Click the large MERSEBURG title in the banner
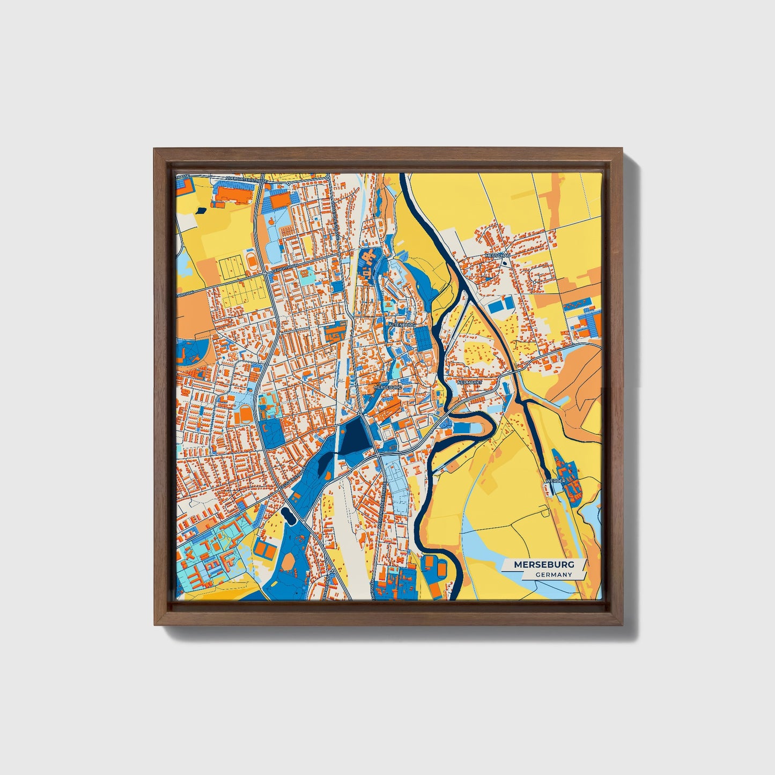point(544,564)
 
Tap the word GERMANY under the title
point(553,574)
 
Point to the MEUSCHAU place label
point(497,256)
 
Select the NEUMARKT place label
point(470,382)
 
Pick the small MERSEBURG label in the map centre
point(387,386)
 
